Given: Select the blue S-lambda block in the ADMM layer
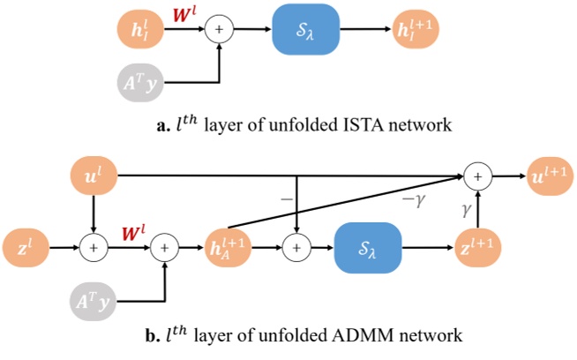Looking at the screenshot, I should pos(366,249).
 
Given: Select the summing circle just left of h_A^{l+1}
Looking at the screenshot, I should pos(164,249).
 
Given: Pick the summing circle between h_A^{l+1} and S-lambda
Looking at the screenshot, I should pos(296,249).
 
